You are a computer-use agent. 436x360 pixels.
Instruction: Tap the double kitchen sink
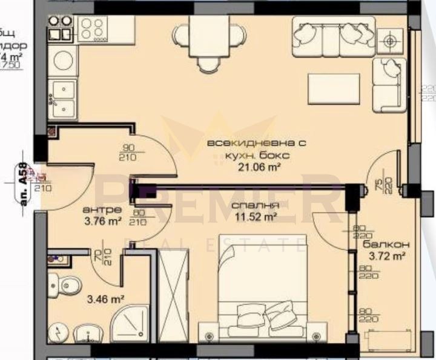(x=63, y=99)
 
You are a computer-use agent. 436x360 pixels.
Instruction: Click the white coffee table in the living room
(x=334, y=88)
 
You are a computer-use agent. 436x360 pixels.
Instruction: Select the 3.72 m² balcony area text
(x=383, y=256)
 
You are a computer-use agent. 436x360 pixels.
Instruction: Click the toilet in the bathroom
(x=67, y=283)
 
